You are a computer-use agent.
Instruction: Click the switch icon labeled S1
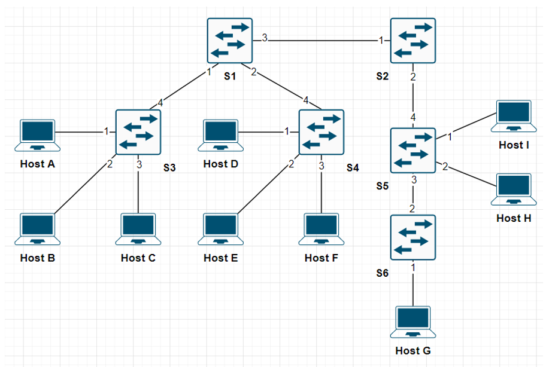(231, 41)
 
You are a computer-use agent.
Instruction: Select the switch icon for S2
(413, 41)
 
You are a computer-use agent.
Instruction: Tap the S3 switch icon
(139, 131)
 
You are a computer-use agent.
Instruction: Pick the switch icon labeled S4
(322, 131)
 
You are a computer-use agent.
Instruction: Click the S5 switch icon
(413, 150)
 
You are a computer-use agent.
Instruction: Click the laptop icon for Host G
(413, 323)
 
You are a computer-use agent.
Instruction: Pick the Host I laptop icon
(514, 117)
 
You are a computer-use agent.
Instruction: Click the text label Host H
(514, 218)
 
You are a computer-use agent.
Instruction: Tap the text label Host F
(322, 258)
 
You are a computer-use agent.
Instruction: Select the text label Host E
(220, 258)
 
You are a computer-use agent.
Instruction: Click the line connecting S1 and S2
(323, 41)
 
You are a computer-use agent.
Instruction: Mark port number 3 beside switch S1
(264, 39)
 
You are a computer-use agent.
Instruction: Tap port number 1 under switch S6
(413, 268)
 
